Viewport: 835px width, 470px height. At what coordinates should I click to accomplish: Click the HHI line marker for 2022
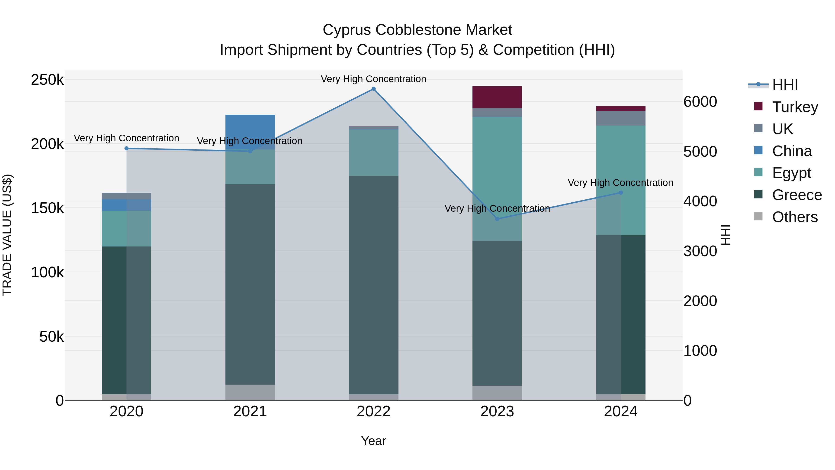[x=373, y=89]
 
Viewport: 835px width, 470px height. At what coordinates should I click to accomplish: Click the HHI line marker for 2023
[x=497, y=219]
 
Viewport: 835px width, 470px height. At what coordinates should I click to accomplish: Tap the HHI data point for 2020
[x=126, y=148]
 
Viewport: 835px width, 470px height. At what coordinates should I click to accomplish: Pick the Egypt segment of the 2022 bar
[x=373, y=152]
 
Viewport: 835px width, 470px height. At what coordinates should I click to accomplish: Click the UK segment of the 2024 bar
[x=620, y=118]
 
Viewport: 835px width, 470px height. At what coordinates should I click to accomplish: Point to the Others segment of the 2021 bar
[x=250, y=392]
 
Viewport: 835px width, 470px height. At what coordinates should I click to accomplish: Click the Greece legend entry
[x=797, y=195]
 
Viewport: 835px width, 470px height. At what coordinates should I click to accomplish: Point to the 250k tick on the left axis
[x=47, y=80]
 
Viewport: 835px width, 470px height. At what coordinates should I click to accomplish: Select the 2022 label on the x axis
[x=373, y=412]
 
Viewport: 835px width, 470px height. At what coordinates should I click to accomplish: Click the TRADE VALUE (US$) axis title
[x=7, y=235]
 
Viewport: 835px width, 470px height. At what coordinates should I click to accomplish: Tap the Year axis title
[x=373, y=441]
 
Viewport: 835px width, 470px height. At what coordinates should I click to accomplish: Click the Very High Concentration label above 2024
[x=620, y=183]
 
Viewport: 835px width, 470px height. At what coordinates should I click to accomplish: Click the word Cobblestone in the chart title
[x=417, y=30]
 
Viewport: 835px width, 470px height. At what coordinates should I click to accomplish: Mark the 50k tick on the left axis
[x=51, y=337]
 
